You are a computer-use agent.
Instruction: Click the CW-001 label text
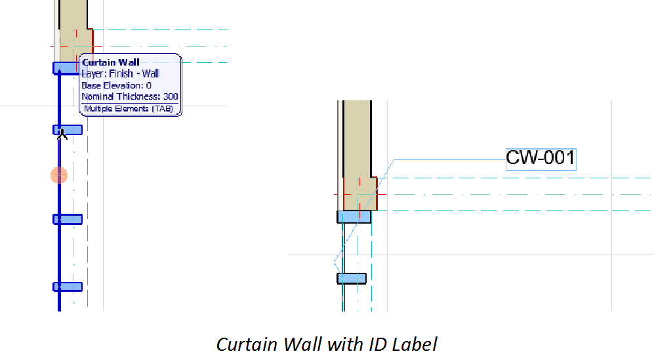tap(541, 158)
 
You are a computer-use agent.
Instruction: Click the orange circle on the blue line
tap(59, 175)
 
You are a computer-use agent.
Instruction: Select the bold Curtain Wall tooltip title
tap(110, 63)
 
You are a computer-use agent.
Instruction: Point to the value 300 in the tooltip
tap(171, 96)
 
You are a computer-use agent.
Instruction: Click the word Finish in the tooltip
tap(123, 74)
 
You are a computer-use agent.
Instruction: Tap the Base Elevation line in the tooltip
tap(116, 85)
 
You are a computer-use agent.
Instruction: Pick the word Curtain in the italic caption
tap(243, 344)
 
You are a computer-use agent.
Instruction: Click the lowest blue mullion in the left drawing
tap(68, 287)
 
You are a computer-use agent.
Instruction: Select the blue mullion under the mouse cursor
tap(68, 130)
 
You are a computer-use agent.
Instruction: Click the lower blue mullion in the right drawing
tap(352, 279)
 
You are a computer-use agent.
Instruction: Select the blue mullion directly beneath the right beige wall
tap(354, 216)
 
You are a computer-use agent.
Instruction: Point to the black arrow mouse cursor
tap(62, 135)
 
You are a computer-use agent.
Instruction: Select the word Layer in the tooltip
tap(92, 74)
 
